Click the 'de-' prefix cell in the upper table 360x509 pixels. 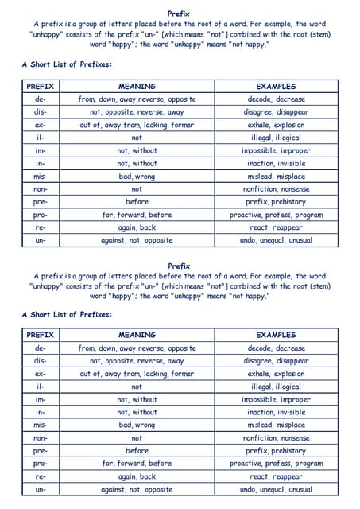40,99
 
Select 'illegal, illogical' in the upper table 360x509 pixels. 276,138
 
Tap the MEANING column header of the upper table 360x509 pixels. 137,86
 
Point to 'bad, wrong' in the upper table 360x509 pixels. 137,177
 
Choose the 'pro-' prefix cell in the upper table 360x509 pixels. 40,215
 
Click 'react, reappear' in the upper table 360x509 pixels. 276,227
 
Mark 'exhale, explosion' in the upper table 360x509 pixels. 276,125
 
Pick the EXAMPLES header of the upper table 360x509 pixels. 276,86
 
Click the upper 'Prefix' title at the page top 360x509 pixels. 179,14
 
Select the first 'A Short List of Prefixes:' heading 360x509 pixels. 67,64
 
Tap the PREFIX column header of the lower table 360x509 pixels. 40,335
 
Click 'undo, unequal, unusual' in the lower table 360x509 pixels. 276,489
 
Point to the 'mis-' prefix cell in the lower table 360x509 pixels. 40,425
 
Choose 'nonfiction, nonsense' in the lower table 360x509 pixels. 276,437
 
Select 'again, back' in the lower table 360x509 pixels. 137,476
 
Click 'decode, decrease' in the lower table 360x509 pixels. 276,348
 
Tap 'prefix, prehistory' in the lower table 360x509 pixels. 276,451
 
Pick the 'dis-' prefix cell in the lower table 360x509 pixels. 40,360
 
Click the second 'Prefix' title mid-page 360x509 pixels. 179,266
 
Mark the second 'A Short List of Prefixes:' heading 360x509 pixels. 67,314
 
